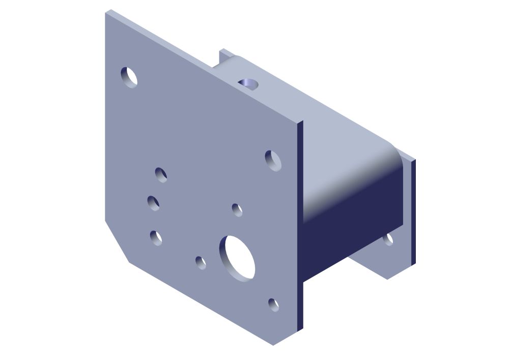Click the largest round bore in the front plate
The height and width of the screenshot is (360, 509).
237,258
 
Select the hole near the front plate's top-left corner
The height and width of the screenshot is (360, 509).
129,77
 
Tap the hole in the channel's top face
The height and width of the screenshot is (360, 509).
248,83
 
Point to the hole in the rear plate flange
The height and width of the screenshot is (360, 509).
388,238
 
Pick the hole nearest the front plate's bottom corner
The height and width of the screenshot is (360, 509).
274,304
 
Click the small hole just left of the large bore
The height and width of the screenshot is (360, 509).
201,263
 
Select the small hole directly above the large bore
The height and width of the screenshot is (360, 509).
237,209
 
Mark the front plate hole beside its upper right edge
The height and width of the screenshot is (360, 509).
273,160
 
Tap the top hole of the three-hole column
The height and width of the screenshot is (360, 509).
161,175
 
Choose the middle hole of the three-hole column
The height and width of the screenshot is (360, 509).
154,203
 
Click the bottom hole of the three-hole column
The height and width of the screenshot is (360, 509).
156,237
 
